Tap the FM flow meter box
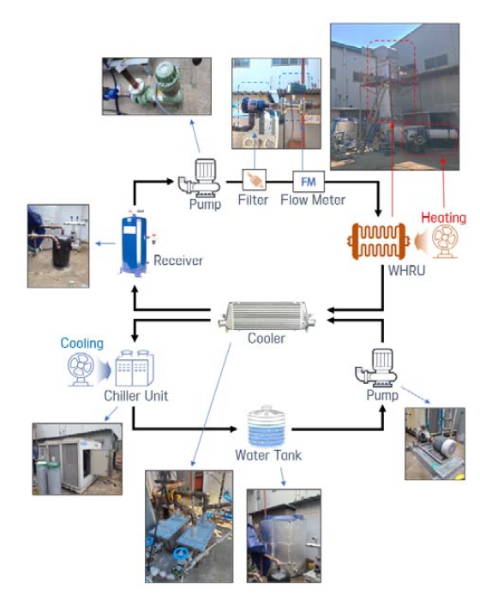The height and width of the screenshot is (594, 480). [309, 182]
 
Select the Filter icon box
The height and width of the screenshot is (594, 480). [254, 179]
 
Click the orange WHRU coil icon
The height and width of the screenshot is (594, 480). [378, 241]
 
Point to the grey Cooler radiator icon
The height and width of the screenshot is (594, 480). [267, 315]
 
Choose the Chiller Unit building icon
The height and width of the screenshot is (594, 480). [135, 368]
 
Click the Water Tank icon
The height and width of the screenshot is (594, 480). [267, 426]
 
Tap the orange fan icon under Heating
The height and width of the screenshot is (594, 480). [445, 242]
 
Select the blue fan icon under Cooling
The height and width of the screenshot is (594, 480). [81, 369]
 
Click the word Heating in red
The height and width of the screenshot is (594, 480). [444, 218]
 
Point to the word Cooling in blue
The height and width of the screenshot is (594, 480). [81, 343]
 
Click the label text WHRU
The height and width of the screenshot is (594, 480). [406, 271]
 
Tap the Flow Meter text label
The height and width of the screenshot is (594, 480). [313, 200]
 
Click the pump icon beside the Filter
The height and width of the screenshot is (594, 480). [200, 178]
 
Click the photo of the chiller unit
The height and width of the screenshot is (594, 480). [77, 459]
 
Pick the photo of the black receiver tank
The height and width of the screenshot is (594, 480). [58, 246]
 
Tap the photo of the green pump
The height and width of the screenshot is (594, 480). [157, 87]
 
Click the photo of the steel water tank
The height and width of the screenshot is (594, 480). [284, 536]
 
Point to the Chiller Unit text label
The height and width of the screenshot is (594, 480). [136, 396]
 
